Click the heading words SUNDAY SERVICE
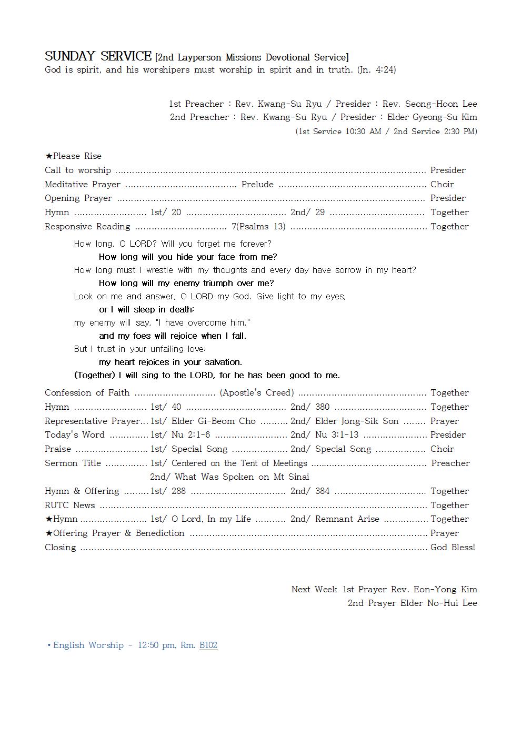(98, 56)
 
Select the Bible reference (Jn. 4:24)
(376, 69)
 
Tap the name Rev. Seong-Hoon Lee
(429, 104)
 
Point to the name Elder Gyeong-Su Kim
(432, 117)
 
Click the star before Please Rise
(48, 156)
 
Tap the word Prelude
(257, 184)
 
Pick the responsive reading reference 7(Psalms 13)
(258, 226)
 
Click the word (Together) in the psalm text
(95, 375)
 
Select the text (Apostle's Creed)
(257, 392)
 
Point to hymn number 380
(322, 407)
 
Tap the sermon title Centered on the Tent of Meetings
(239, 463)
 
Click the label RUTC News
(70, 505)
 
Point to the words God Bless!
(453, 547)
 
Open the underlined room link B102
(208, 645)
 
